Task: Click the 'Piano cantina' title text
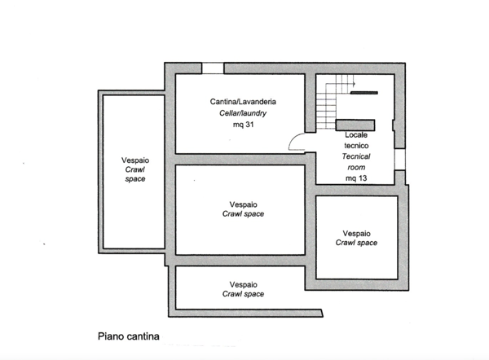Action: pyautogui.click(x=128, y=335)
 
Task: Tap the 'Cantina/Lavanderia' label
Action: pyautogui.click(x=243, y=101)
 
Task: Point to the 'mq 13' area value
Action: pyautogui.click(x=356, y=178)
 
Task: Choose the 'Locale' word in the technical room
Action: pyautogui.click(x=356, y=134)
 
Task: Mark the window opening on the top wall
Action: pyautogui.click(x=214, y=68)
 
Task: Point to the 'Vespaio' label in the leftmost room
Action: pyautogui.click(x=134, y=160)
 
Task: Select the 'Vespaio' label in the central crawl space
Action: pyautogui.click(x=243, y=204)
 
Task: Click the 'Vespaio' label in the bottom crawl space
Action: pyautogui.click(x=243, y=284)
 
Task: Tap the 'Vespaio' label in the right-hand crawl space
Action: pyautogui.click(x=356, y=232)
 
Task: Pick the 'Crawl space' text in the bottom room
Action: pyautogui.click(x=243, y=294)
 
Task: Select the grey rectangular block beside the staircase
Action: pyautogui.click(x=350, y=124)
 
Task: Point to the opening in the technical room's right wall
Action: pyautogui.click(x=399, y=160)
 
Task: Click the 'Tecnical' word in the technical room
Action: pyautogui.click(x=356, y=155)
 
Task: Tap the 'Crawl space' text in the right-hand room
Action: pyautogui.click(x=356, y=242)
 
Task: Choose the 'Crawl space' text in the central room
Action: pyautogui.click(x=243, y=214)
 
